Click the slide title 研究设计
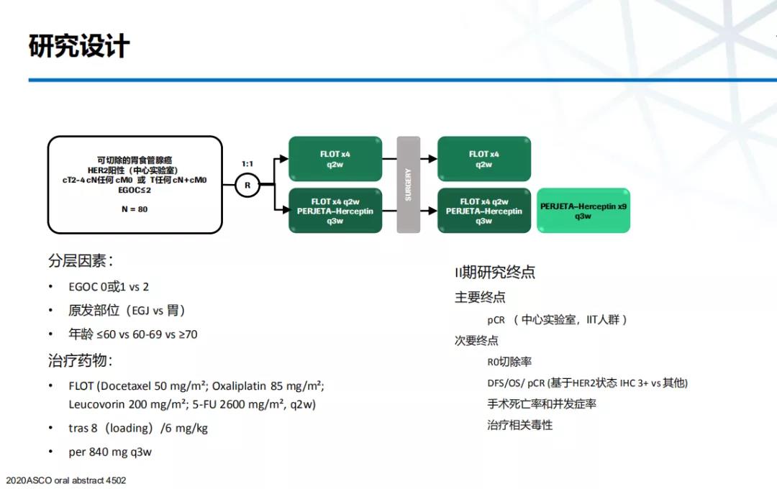[x=79, y=46]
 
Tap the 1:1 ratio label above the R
[x=247, y=164]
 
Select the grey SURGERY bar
[x=408, y=184]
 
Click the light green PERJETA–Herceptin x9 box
[x=583, y=211]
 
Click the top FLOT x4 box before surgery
[x=335, y=160]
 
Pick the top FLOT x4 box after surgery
[x=484, y=160]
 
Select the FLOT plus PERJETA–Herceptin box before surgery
[x=335, y=211]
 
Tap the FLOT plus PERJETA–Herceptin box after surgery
[x=484, y=211]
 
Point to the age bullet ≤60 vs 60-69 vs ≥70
[x=133, y=334]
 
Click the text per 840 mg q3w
[x=110, y=452]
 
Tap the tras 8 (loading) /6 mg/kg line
[x=138, y=428]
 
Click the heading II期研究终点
[x=495, y=273]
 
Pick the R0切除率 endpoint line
[x=509, y=362]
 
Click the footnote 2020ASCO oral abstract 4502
[x=65, y=480]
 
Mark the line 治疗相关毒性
[x=519, y=425]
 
